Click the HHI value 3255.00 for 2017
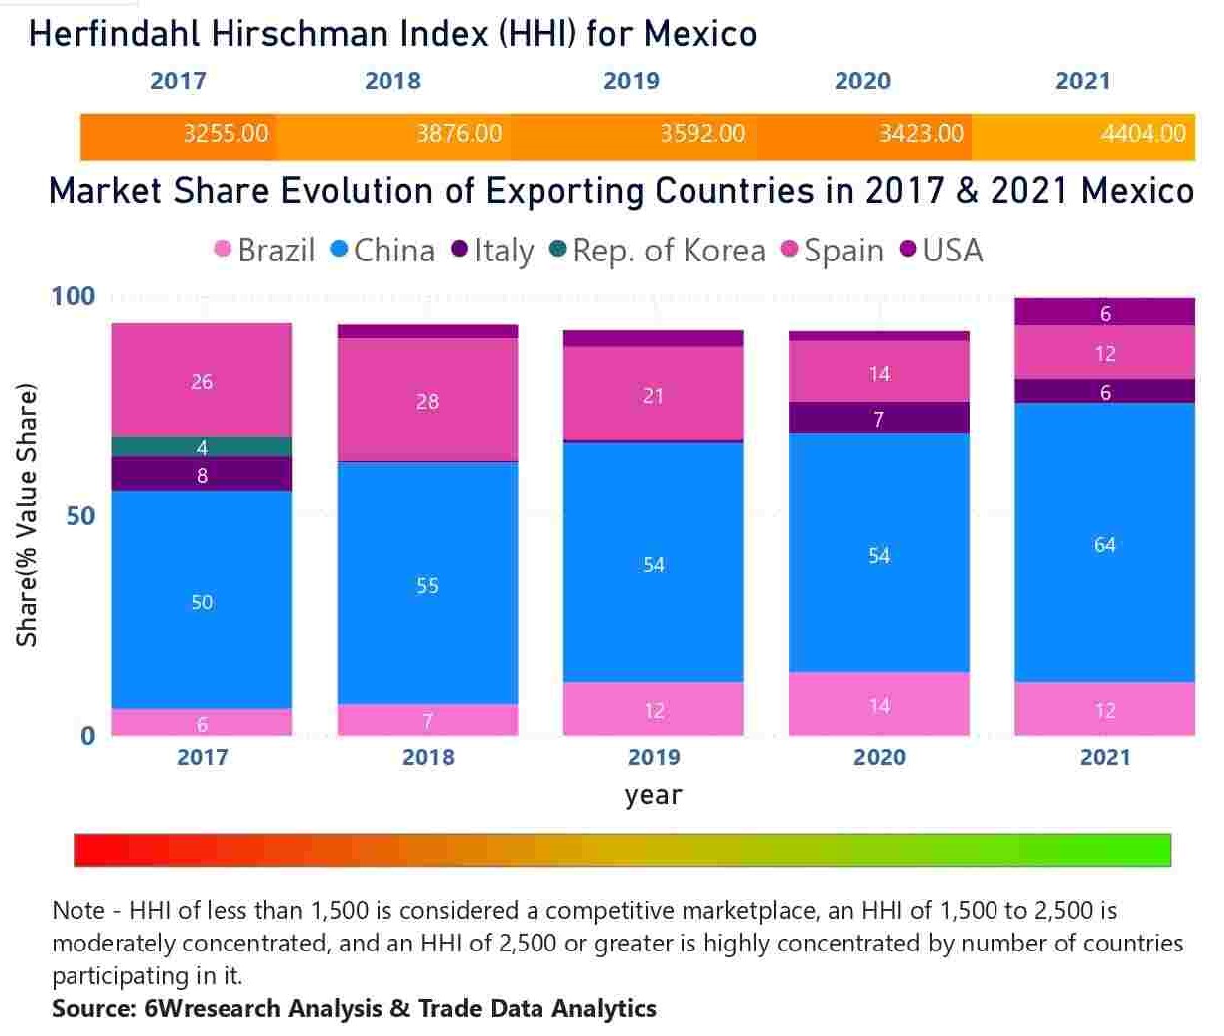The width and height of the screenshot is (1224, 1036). pos(226,134)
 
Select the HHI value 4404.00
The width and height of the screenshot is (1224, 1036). pos(1143,134)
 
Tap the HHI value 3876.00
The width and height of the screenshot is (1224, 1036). pos(459,134)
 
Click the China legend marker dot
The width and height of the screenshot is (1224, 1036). pos(339,249)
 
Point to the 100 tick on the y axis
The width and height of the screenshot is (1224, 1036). pos(74,296)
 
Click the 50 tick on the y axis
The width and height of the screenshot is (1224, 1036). pos(79,516)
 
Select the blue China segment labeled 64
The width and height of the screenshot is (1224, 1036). pos(1104,544)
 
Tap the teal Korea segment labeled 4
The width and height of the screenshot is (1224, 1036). pos(202,447)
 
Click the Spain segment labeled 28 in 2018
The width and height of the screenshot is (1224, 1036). pos(427,401)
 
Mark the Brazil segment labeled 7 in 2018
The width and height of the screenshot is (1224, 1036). pos(427,720)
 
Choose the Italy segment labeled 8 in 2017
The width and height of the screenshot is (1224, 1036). pos(202,475)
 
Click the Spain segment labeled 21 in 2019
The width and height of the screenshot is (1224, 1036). pos(653,395)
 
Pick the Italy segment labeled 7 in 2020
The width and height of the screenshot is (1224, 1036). pos(878,419)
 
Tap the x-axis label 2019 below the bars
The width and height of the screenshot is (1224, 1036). pos(654,758)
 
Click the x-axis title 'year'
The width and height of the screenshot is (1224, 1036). pos(653,795)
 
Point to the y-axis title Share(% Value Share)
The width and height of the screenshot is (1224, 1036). pos(27,515)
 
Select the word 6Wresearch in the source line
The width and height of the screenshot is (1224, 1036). pos(212,1009)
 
